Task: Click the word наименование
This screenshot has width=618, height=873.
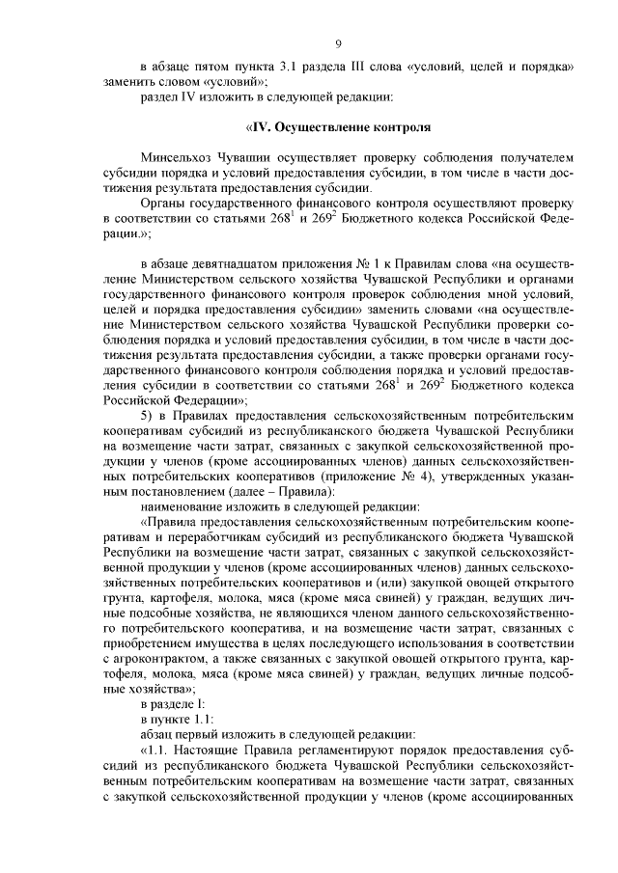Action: pos(181,506)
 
